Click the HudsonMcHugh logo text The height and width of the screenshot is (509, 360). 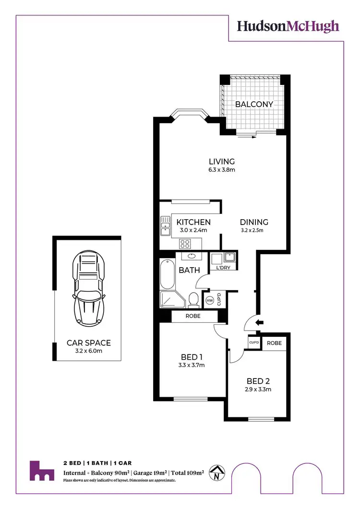(x=288, y=27)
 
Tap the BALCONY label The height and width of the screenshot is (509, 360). (x=254, y=104)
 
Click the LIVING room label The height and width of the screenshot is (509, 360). (x=221, y=162)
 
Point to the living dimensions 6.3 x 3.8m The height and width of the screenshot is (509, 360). (x=221, y=170)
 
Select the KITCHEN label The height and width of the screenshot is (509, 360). (x=193, y=222)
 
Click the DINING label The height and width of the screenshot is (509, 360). (x=254, y=222)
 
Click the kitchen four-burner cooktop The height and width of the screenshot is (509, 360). (x=186, y=243)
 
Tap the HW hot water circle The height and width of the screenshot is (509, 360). (x=209, y=300)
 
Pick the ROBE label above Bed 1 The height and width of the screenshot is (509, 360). (x=193, y=317)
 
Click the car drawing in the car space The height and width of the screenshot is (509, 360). (x=88, y=288)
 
